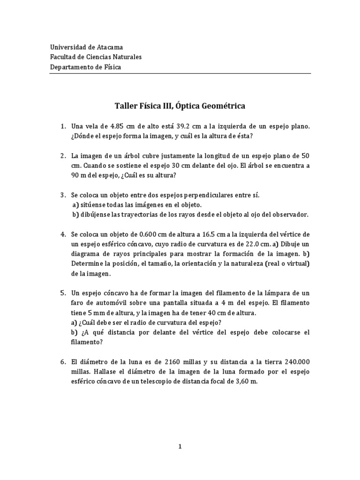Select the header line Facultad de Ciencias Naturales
96,57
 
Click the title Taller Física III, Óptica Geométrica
180,106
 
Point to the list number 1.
63,127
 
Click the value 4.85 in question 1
115,127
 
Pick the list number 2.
63,156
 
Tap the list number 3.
63,195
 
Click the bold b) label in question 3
75,214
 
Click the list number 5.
63,292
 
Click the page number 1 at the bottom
180,447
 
